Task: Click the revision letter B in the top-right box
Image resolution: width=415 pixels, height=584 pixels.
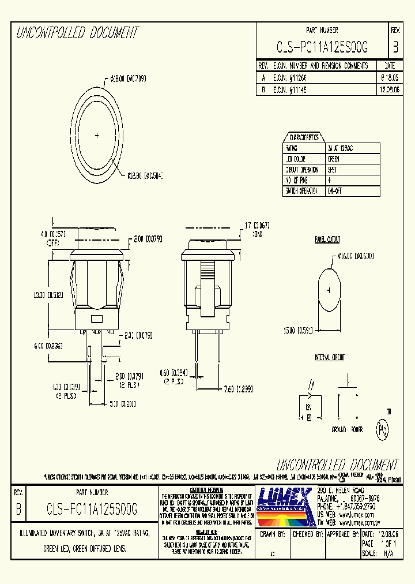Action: pos(395,48)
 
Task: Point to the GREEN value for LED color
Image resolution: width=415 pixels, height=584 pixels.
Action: pos(334,159)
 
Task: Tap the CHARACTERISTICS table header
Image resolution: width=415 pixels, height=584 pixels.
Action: pos(304,137)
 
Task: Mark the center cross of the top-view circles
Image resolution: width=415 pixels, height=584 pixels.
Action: pos(97,136)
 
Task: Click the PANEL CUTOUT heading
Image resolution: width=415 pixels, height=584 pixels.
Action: pos(327,239)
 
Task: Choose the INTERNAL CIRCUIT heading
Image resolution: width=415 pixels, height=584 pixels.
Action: pos(329,358)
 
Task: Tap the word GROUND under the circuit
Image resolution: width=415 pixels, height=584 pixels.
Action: pos(338,430)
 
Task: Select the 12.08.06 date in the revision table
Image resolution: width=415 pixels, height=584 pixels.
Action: pos(390,90)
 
